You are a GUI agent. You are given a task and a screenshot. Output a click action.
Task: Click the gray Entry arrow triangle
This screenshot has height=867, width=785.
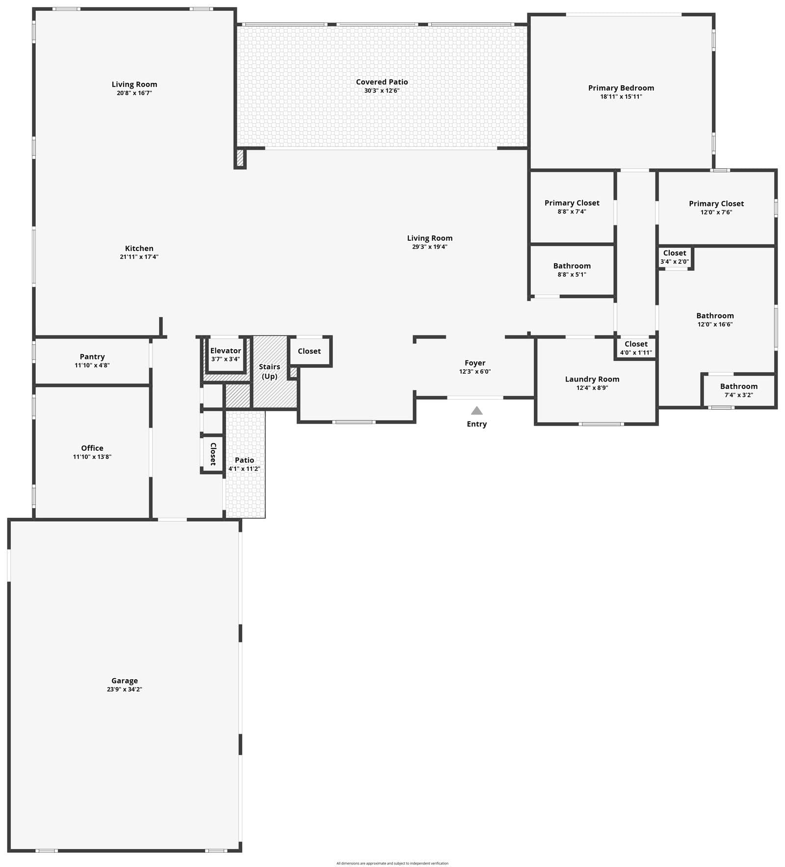(476, 410)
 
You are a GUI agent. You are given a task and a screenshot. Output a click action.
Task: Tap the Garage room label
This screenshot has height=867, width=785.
(125, 681)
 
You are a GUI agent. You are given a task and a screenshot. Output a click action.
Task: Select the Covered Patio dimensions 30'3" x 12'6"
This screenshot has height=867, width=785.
(382, 91)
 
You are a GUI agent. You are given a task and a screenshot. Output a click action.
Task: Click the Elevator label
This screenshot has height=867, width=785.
(226, 351)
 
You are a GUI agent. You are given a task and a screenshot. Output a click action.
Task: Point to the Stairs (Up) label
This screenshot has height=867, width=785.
(269, 371)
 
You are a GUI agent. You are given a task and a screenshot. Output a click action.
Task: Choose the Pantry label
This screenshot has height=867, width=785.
(92, 357)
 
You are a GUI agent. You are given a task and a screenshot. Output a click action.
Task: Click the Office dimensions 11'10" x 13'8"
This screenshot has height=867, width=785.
(92, 457)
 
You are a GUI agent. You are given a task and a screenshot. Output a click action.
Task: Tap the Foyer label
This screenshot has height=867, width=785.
(475, 363)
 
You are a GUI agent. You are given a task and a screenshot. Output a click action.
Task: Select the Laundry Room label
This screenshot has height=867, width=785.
(592, 379)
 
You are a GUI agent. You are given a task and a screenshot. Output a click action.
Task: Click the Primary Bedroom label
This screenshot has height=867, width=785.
(621, 88)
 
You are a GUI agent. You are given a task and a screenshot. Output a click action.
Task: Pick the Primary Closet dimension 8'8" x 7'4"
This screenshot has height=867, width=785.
(572, 212)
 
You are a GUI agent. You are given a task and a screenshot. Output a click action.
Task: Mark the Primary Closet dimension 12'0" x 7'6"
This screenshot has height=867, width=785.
(716, 212)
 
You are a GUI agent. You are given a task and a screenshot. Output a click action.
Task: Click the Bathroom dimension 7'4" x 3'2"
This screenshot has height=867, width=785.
(739, 395)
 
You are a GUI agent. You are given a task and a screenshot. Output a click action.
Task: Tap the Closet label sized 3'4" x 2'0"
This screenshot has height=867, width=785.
(675, 253)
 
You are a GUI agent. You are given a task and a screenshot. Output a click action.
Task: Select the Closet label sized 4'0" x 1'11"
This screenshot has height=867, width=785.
(636, 344)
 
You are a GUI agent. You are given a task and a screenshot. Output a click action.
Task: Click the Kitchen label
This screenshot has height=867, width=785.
(139, 248)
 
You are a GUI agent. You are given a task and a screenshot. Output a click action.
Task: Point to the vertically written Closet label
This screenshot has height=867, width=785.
(213, 454)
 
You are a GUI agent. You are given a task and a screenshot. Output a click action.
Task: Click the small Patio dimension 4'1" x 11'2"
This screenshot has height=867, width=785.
(244, 469)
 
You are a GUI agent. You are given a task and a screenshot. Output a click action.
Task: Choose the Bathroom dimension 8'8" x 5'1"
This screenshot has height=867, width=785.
(572, 275)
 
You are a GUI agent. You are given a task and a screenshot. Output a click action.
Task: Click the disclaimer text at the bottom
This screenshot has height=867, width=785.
(392, 864)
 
